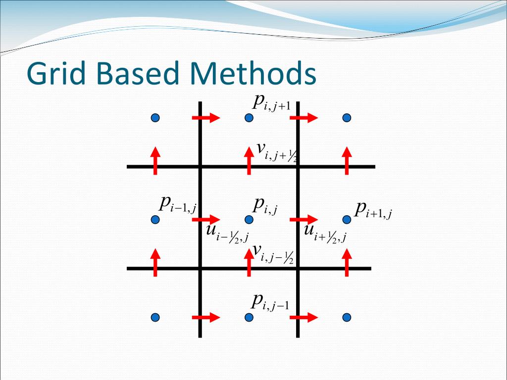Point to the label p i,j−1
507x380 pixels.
pos(270,301)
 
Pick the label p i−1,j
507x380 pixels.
pos(178,204)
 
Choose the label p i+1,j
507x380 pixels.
pos(373,210)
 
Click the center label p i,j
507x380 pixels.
pos(265,205)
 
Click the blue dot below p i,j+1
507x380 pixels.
pos(249,118)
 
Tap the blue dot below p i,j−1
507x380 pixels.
pos(249,317)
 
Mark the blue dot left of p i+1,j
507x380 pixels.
pos(347,219)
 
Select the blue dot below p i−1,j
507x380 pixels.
pos(155,219)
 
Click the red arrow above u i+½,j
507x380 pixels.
pos(304,219)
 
